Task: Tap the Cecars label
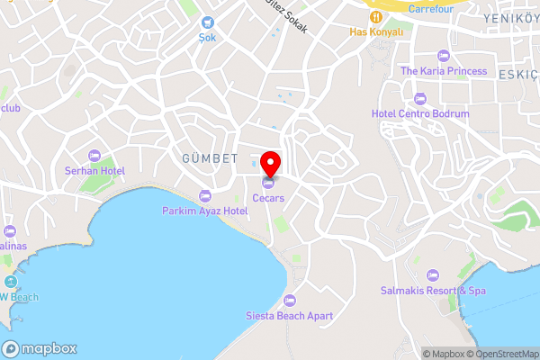click(269, 197)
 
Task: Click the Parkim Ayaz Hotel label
click(204, 211)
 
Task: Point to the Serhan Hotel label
click(94, 170)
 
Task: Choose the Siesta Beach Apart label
click(289, 316)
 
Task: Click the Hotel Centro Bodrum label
click(420, 114)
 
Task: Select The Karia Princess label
click(444, 71)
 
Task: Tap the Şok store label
click(208, 39)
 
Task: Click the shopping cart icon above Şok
click(208, 22)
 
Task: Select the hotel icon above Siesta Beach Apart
click(289, 301)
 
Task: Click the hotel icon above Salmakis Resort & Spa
click(432, 274)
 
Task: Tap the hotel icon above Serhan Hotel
click(94, 155)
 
